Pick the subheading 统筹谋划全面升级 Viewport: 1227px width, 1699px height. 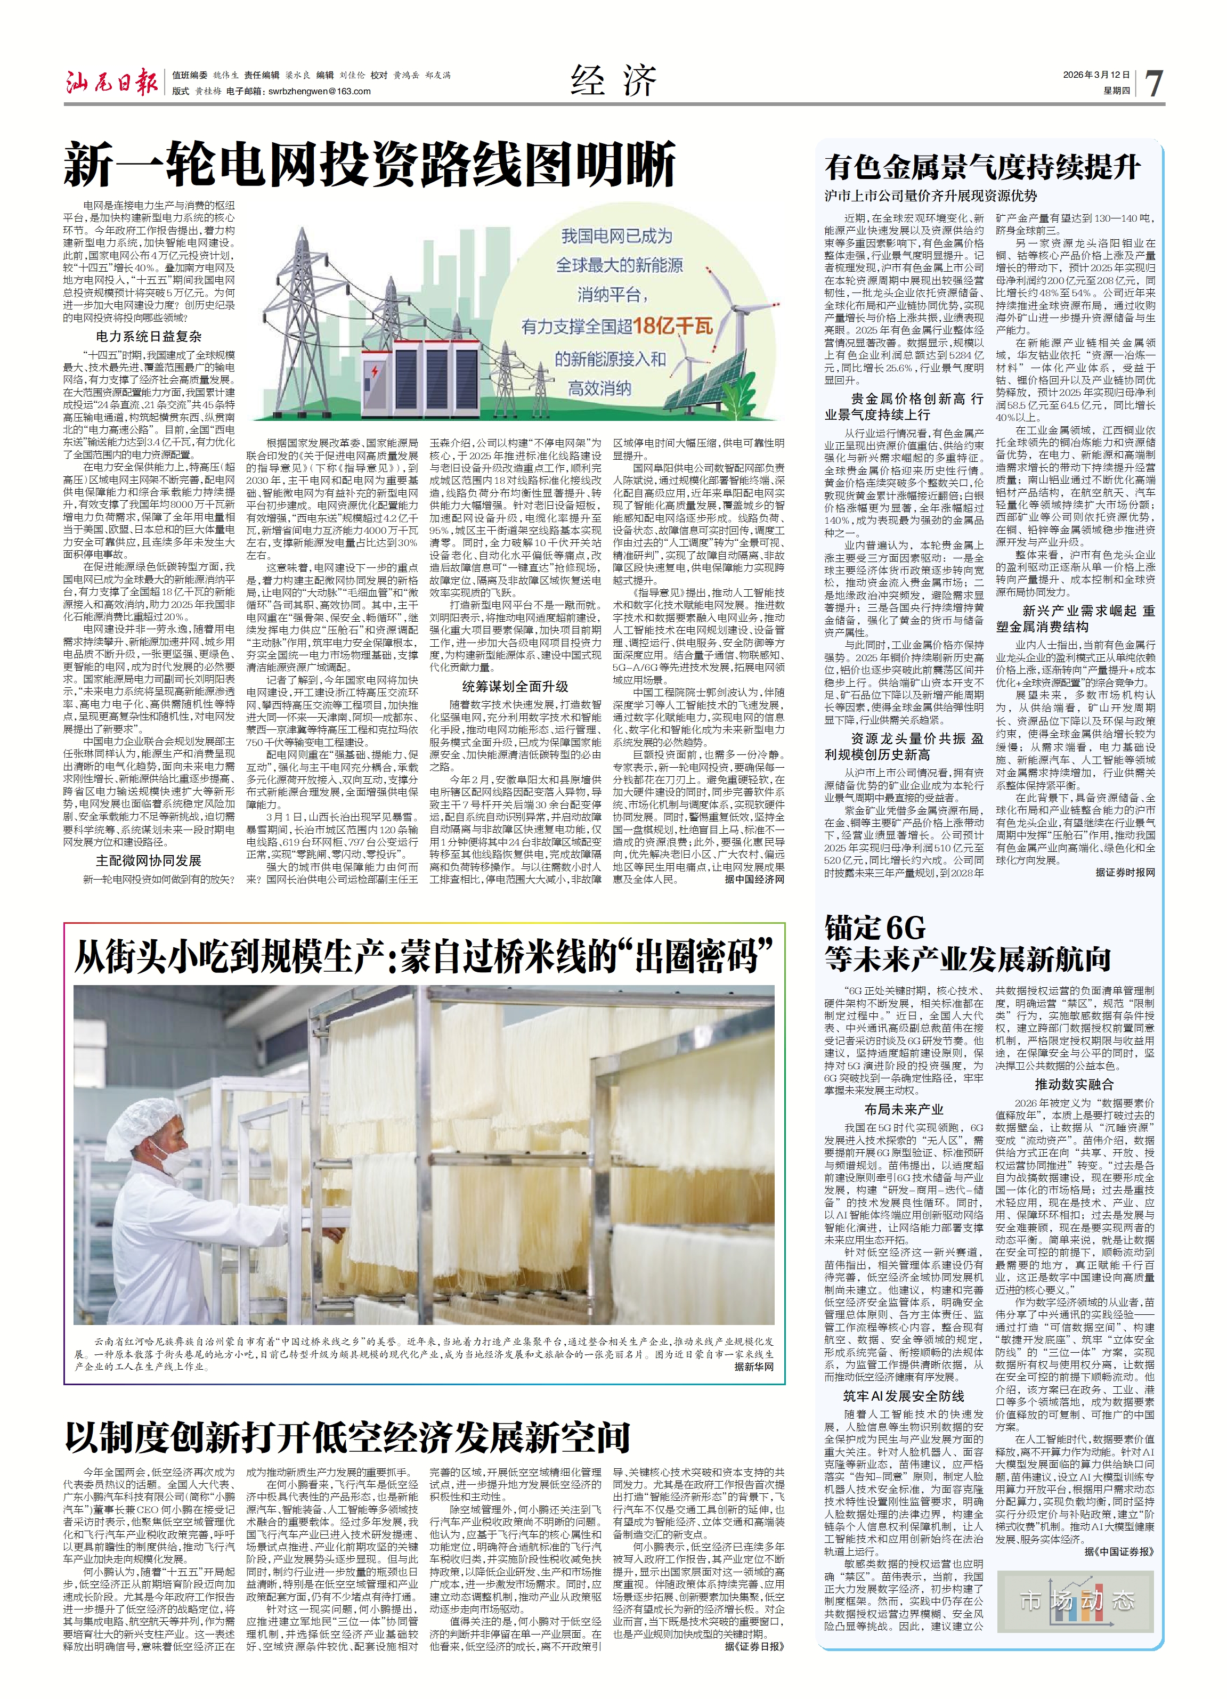pos(515,686)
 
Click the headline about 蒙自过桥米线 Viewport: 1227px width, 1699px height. pos(423,957)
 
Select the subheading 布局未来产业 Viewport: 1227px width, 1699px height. pos(904,1109)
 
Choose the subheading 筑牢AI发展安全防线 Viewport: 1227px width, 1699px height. pos(904,1396)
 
